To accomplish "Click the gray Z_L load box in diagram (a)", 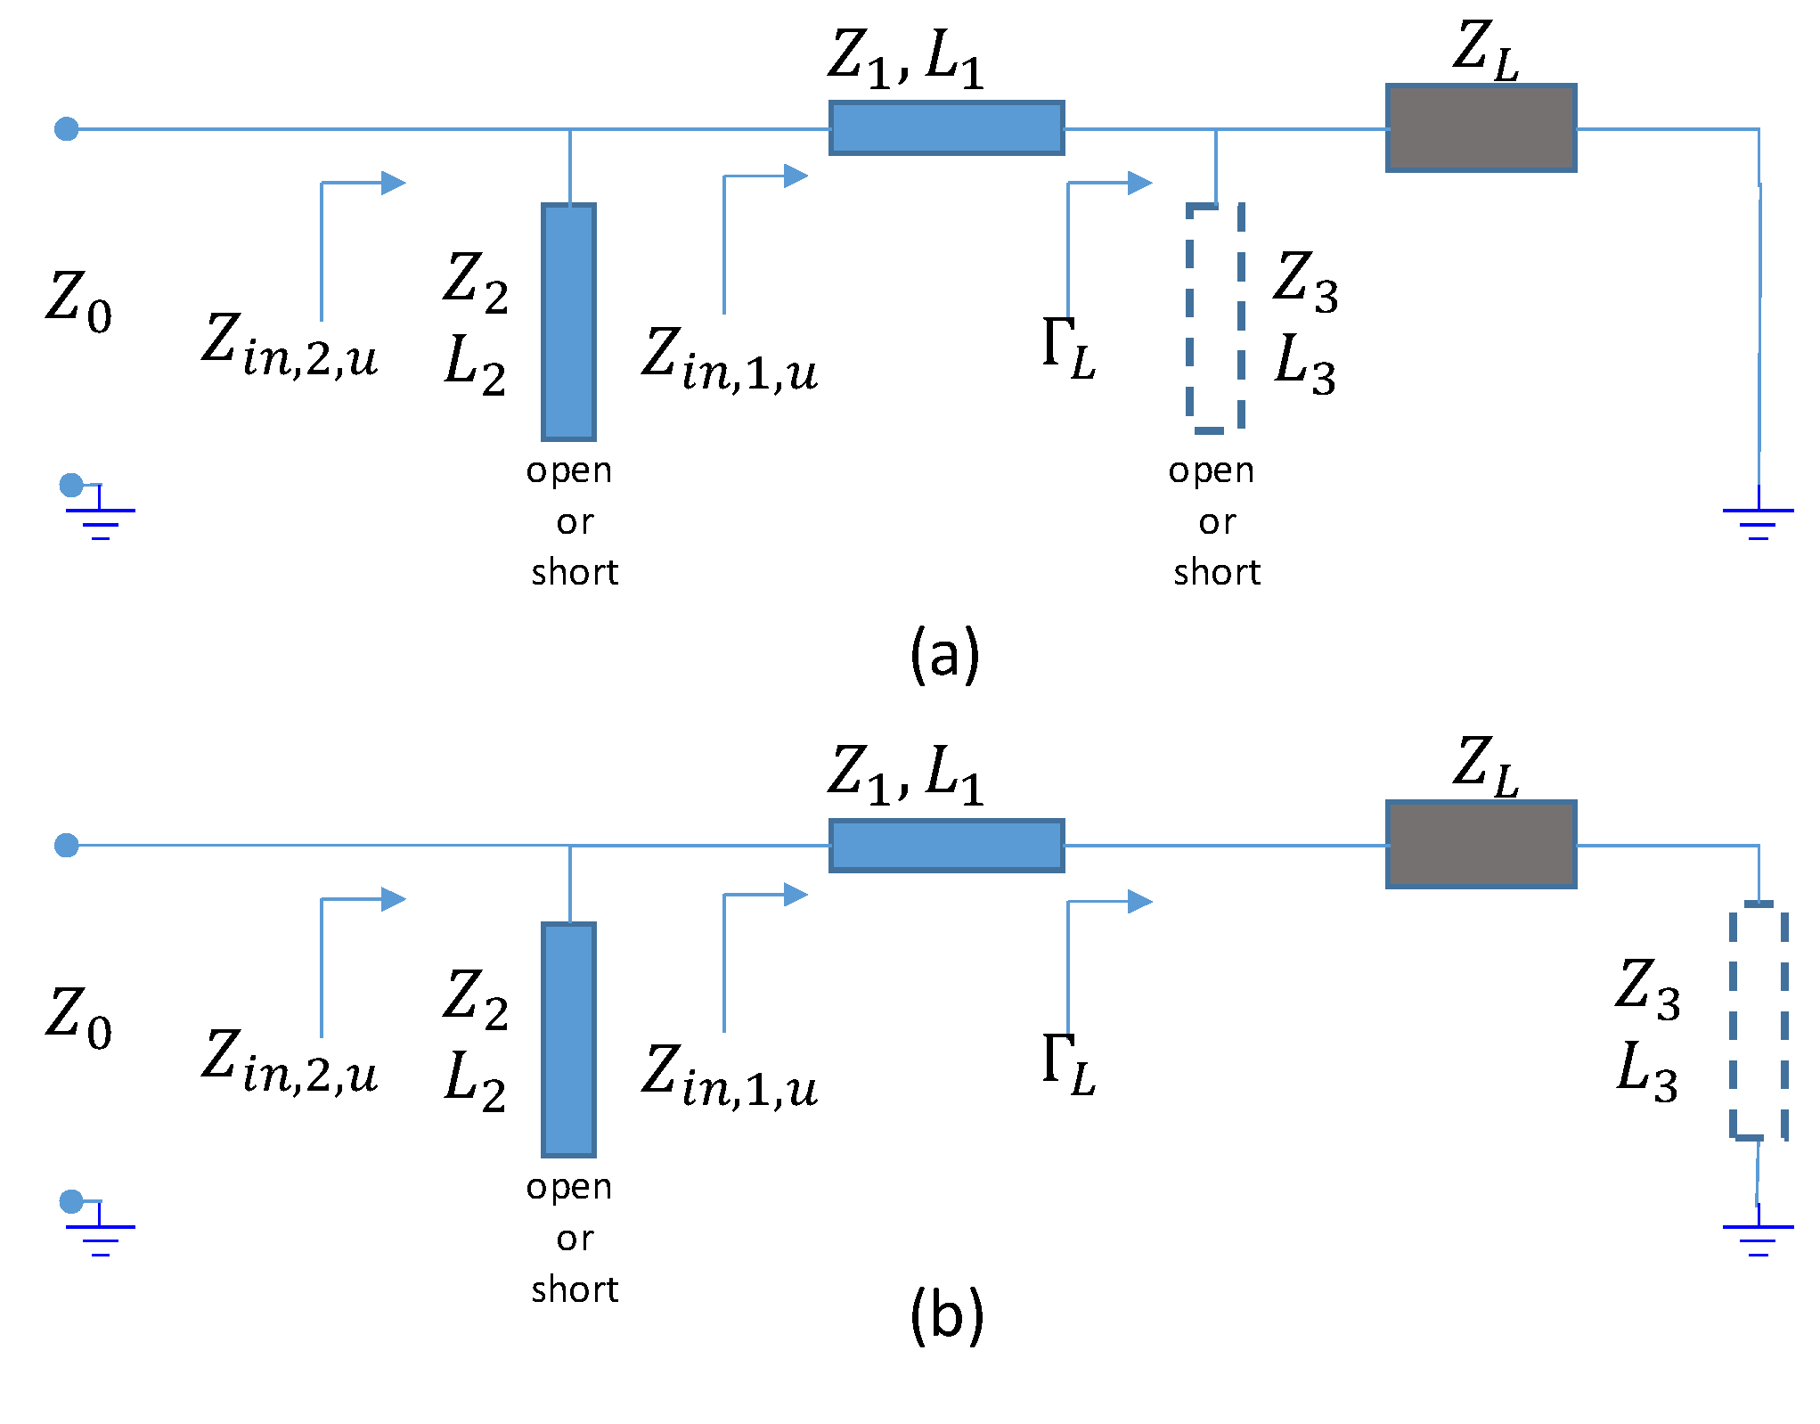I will coord(1481,128).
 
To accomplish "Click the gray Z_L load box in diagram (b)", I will coord(1481,844).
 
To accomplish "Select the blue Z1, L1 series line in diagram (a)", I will coord(946,128).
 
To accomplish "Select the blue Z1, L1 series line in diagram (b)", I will coord(946,845).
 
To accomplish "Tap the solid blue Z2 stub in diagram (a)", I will coord(568,322).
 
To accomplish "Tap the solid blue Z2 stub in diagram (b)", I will coord(568,1039).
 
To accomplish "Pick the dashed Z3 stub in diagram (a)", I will coord(1215,317).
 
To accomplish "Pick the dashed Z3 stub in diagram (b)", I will coord(1759,1020).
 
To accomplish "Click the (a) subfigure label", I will coord(944,655).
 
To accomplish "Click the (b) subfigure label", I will coord(946,1316).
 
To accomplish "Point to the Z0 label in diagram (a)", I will coord(78,301).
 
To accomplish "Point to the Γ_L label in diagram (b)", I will coord(1068,1064).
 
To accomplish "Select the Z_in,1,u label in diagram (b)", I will coord(729,1076).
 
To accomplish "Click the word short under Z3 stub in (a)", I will coord(1217,572).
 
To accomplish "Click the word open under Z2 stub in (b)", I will coord(569,1187).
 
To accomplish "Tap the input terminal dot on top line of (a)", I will coord(67,129).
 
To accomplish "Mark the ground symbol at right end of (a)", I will coord(1758,520).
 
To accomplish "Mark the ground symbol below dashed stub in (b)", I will coord(1758,1237).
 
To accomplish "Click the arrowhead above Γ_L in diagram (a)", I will coord(1139,183).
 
